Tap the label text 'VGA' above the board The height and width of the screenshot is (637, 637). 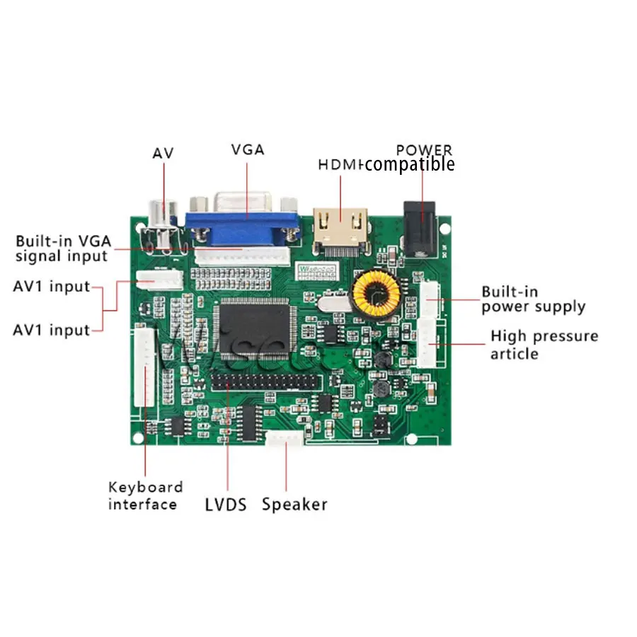[x=248, y=149]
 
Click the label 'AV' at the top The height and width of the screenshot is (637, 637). [x=163, y=153]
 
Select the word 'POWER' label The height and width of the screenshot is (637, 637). [x=424, y=150]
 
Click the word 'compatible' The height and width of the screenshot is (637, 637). [x=410, y=165]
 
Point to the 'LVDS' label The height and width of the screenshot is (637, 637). [x=226, y=505]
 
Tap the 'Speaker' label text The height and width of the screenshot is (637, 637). [x=294, y=505]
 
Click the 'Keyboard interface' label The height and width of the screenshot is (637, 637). [x=145, y=495]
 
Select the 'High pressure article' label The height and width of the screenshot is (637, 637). [x=544, y=344]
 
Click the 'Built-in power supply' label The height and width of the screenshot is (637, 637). [x=533, y=299]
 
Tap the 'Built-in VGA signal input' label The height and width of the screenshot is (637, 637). [x=64, y=248]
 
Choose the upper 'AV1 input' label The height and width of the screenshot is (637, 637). [x=52, y=287]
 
